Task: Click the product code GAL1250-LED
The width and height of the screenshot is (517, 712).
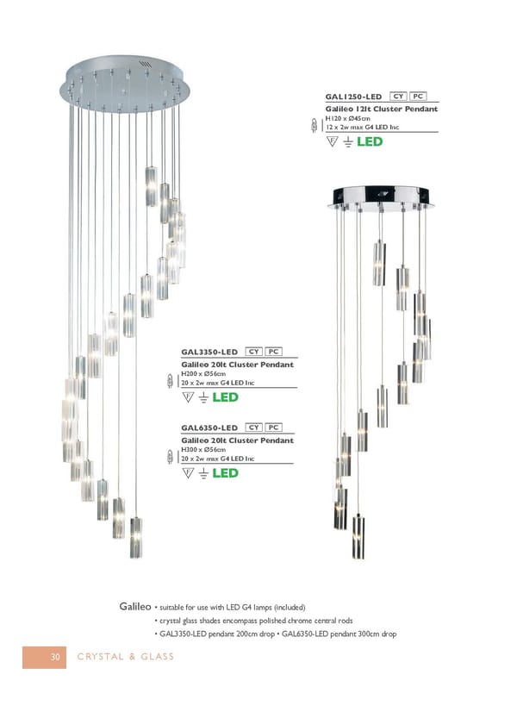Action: coord(353,97)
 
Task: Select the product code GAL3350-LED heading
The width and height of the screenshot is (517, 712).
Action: coord(209,352)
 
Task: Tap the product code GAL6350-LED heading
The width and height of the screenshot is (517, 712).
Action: coord(209,428)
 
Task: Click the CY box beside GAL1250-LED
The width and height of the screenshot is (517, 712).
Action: coord(399,97)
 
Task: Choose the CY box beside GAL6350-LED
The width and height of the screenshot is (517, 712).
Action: coord(254,428)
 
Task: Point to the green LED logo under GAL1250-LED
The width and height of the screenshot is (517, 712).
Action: coord(370,142)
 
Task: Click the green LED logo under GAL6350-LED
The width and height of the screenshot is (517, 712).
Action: coord(225,474)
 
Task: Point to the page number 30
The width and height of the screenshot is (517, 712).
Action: coord(53,658)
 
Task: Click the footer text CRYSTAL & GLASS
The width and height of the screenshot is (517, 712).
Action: coord(128,658)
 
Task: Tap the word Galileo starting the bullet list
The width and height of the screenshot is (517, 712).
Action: coord(134,607)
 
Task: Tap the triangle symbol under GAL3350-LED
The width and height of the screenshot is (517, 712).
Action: coord(188,397)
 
